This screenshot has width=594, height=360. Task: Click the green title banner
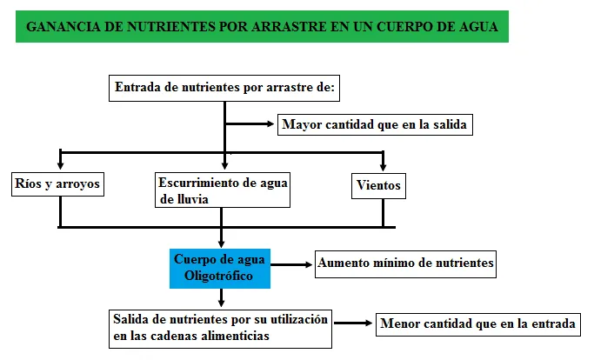(x=262, y=27)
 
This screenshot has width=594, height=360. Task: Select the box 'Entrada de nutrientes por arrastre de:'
(x=224, y=89)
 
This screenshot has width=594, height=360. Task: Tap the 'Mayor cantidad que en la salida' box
(x=375, y=124)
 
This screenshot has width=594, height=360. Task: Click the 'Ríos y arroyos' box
(x=57, y=184)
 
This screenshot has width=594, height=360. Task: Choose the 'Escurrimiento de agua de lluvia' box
(x=223, y=190)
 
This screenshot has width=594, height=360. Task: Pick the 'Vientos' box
(x=378, y=186)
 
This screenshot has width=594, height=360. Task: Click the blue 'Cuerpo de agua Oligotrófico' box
(x=220, y=269)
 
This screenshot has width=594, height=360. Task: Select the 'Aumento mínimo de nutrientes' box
(x=406, y=264)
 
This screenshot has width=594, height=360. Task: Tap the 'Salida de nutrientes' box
(x=221, y=329)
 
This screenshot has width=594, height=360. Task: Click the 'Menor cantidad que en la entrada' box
(x=478, y=324)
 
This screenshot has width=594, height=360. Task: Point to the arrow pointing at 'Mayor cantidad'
(x=250, y=124)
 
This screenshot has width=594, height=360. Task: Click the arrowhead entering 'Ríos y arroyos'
(x=60, y=165)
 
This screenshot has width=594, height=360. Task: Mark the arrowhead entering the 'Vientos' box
(x=383, y=167)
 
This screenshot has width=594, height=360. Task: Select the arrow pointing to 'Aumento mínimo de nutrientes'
(x=291, y=265)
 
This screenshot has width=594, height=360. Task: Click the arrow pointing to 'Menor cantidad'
(x=353, y=323)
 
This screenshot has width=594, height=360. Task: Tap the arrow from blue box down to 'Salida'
(x=221, y=298)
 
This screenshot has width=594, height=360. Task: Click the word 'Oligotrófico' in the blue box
(x=218, y=276)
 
